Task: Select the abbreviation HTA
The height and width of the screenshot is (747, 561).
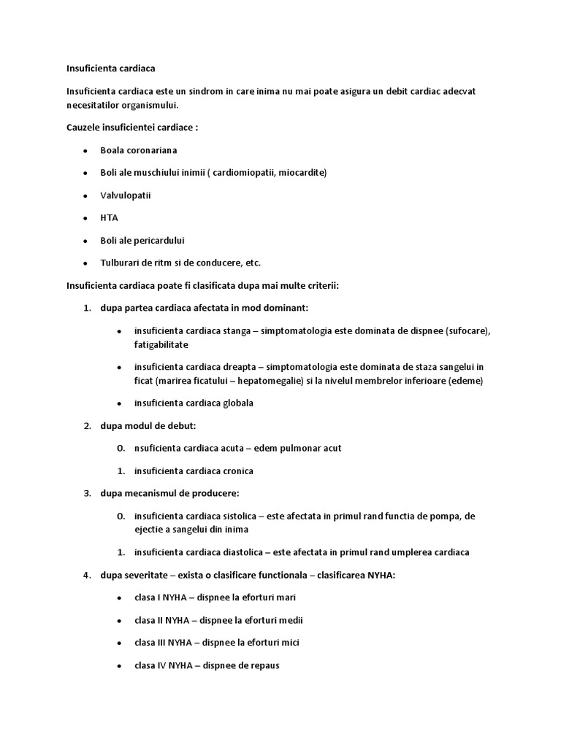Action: coord(109,217)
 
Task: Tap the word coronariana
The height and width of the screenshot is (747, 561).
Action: coord(151,150)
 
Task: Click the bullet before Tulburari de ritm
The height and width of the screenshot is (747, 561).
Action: coord(85,263)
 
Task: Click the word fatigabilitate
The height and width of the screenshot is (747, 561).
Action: coord(161,344)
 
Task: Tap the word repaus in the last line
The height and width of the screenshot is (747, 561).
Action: coord(265,665)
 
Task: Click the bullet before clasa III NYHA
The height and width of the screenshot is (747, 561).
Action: coord(119,643)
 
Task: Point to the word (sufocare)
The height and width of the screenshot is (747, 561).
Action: coord(467,330)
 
